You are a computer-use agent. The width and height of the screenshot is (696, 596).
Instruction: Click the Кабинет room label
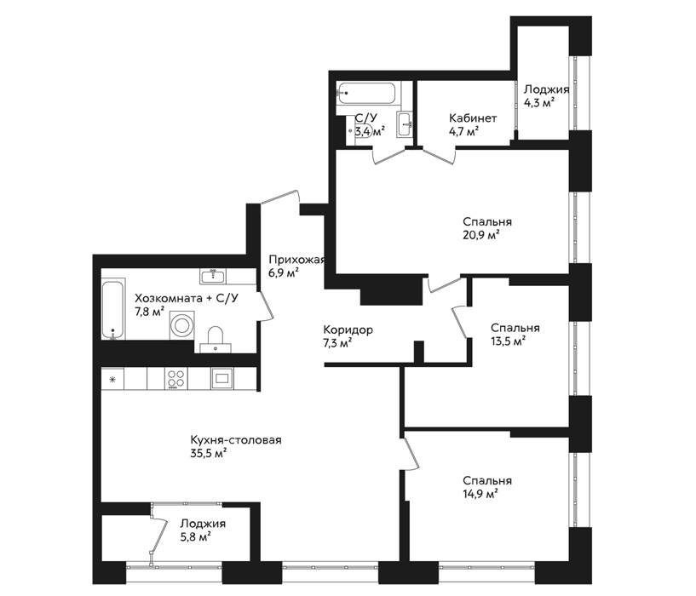click(x=473, y=118)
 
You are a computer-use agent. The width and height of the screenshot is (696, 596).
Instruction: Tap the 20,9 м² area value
click(x=480, y=235)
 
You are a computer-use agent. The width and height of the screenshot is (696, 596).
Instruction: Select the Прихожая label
click(x=297, y=260)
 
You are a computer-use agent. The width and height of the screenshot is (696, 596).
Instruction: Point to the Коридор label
click(x=348, y=330)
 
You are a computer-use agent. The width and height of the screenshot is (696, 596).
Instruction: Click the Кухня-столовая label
click(x=236, y=440)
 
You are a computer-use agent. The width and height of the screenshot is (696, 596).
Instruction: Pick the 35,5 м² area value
click(x=209, y=454)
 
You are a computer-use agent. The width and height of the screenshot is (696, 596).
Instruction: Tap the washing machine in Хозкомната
click(x=182, y=325)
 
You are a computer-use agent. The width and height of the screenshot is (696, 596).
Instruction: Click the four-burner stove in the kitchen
click(x=176, y=379)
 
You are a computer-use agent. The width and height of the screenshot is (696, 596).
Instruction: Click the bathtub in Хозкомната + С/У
click(x=113, y=309)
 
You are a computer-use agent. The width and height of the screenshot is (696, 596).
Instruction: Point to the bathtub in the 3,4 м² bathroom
click(x=365, y=93)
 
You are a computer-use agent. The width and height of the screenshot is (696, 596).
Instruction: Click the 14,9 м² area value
click(x=480, y=494)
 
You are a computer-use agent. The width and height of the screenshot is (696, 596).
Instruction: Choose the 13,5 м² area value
click(x=509, y=341)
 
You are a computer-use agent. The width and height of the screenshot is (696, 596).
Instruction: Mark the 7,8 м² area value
click(x=150, y=312)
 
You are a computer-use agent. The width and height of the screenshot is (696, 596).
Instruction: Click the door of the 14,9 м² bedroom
click(x=410, y=453)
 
